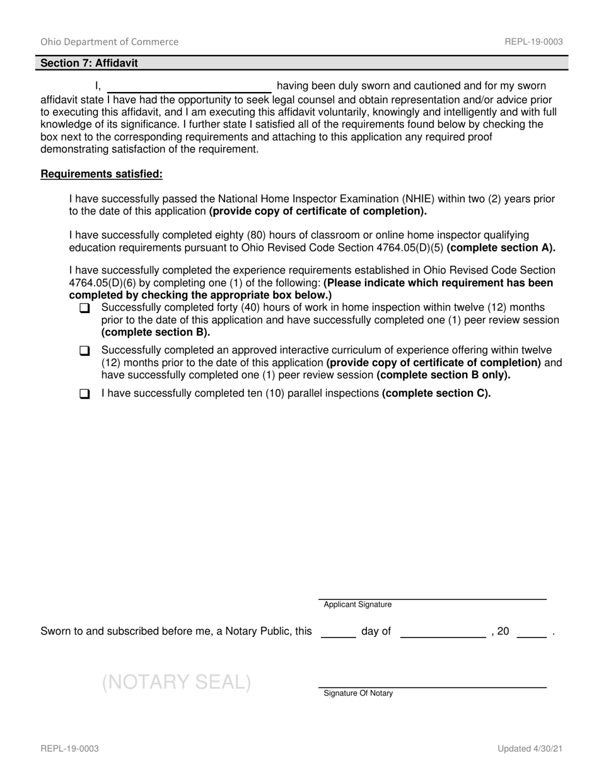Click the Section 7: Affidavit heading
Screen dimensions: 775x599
coord(89,63)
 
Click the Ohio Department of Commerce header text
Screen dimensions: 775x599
coord(109,42)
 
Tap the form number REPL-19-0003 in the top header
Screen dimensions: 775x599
coord(533,42)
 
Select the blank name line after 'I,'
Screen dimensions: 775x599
coord(189,87)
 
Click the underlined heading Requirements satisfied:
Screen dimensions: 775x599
coord(102,174)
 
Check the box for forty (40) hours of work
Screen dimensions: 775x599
coord(85,309)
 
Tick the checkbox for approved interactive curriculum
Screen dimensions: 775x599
coord(85,351)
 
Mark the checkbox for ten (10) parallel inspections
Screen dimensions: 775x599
coord(85,394)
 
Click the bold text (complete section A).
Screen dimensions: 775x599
coord(501,248)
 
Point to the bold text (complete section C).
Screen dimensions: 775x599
coord(436,393)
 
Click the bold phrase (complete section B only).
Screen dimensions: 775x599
coord(443,375)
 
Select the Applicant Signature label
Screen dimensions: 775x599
coord(358,604)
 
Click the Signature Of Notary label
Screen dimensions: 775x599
coord(358,693)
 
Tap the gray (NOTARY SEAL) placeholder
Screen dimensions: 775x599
coord(177,682)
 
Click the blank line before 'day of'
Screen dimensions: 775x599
coord(339,633)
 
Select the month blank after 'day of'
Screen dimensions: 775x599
coord(443,633)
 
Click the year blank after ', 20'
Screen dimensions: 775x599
coord(531,633)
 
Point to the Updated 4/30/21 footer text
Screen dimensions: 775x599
coord(530,749)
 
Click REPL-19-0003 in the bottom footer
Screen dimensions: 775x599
coord(69,749)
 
